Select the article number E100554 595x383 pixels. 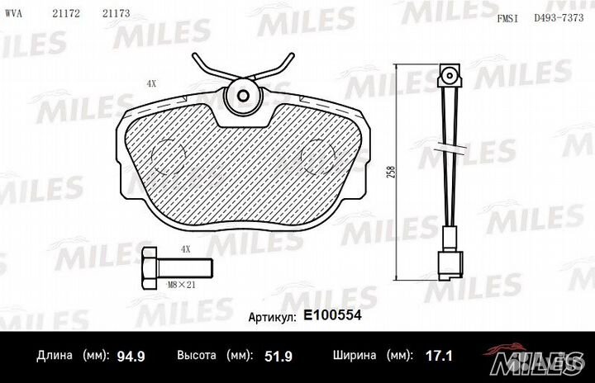[333, 316]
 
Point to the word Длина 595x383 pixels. [55, 357]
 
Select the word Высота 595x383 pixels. [197, 357]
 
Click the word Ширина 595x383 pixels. [356, 357]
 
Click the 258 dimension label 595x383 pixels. [389, 174]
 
